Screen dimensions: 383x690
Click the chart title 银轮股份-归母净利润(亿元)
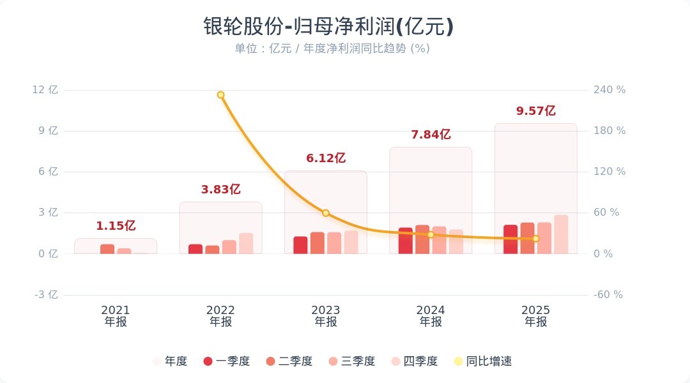coord(328,27)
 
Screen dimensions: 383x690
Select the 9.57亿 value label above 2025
coord(536,111)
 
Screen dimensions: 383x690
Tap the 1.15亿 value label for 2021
coord(116,226)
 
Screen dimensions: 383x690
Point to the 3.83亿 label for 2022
coord(220,190)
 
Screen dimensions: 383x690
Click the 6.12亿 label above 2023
coord(326,158)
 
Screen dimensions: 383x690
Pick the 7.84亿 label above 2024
coord(431,135)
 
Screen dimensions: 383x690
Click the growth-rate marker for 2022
coord(220,95)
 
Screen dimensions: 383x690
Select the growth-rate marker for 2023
coord(326,213)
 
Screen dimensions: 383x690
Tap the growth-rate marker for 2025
coord(536,239)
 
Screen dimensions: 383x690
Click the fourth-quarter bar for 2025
coord(561,234)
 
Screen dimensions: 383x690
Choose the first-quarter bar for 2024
coord(406,241)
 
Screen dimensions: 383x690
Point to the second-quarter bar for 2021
coord(107,249)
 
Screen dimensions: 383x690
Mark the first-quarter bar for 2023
coord(300,245)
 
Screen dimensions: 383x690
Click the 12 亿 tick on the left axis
coord(45,90)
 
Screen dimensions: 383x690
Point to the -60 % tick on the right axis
coord(608,295)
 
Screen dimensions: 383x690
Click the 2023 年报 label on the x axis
coord(326,316)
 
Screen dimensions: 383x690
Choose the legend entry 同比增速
coord(482,361)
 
